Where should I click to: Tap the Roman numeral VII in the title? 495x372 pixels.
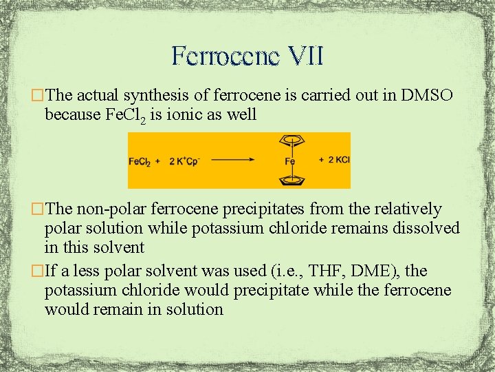[300, 56]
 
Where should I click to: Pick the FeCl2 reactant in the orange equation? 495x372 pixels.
[140, 161]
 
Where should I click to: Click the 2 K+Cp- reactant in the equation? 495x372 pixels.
[181, 161]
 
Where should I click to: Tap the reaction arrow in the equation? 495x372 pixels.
[234, 161]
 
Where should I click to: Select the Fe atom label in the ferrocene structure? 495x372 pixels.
[290, 161]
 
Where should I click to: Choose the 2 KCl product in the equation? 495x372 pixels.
[335, 160]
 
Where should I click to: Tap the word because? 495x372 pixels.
[71, 114]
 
